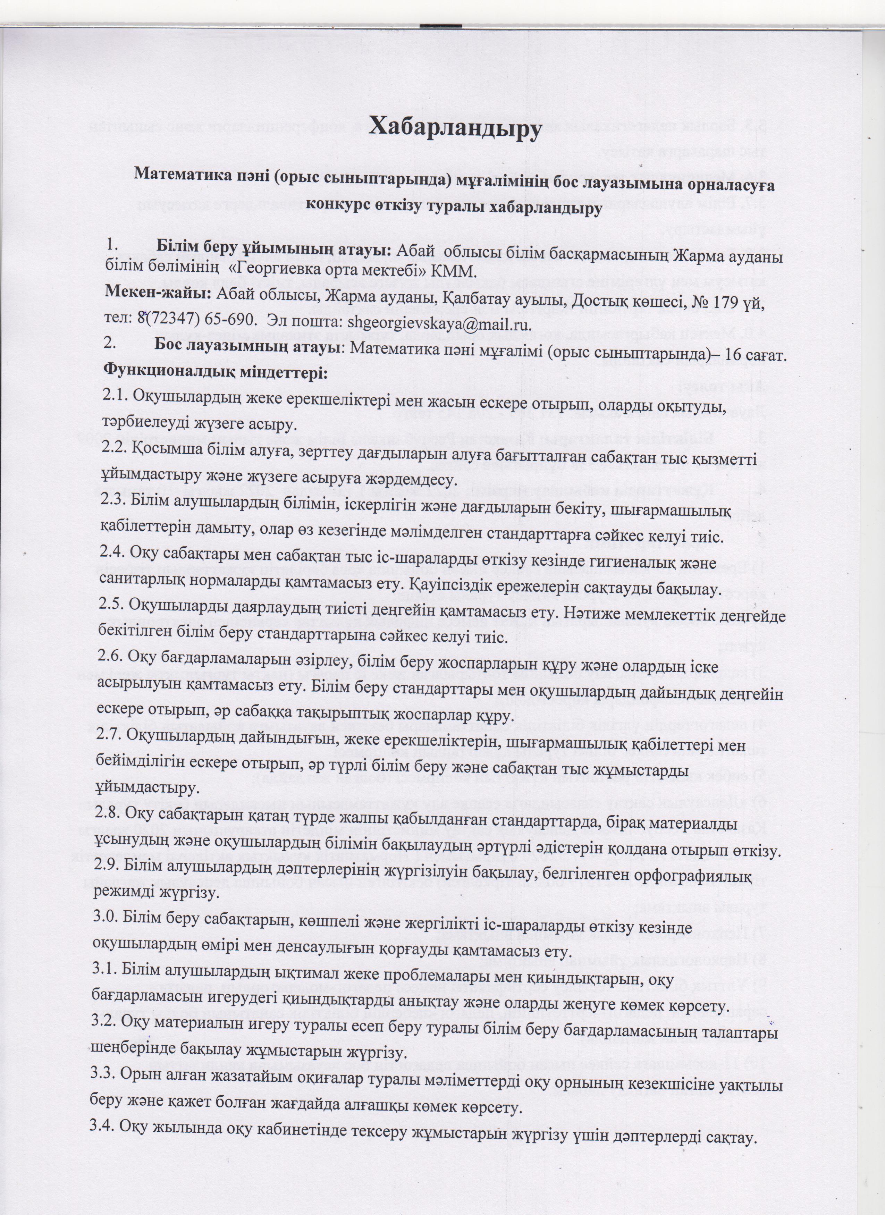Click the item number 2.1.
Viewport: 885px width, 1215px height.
click(115, 397)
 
